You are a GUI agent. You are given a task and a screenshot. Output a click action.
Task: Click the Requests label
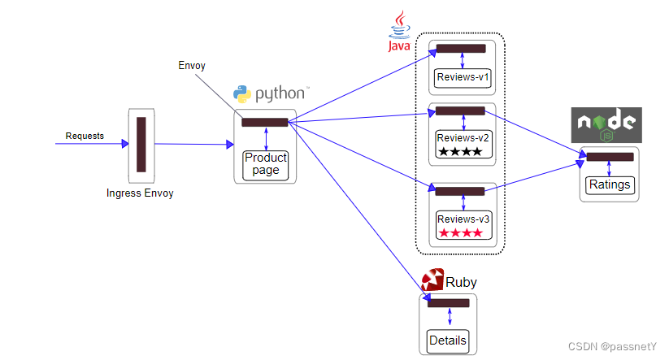point(85,136)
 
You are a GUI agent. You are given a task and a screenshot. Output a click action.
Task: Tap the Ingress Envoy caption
point(140,193)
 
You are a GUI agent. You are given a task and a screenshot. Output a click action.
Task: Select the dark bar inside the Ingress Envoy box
point(141,144)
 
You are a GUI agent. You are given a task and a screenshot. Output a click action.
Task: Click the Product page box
point(266,163)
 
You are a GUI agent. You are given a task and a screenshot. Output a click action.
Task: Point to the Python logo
point(241,93)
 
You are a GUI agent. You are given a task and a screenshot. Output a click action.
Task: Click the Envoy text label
point(192,65)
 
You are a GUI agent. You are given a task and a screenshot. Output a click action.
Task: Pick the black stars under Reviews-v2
point(460,152)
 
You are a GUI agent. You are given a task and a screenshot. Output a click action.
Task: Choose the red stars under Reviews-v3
point(460,233)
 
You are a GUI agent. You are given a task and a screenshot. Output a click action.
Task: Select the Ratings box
point(610,184)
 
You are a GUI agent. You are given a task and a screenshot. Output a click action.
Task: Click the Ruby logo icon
point(432,279)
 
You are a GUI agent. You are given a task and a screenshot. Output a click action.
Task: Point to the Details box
point(448,340)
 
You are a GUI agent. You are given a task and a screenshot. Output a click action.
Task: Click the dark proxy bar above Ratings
point(610,157)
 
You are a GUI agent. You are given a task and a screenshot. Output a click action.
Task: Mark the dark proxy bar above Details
point(448,303)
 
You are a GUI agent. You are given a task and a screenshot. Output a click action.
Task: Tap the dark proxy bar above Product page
point(265,123)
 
